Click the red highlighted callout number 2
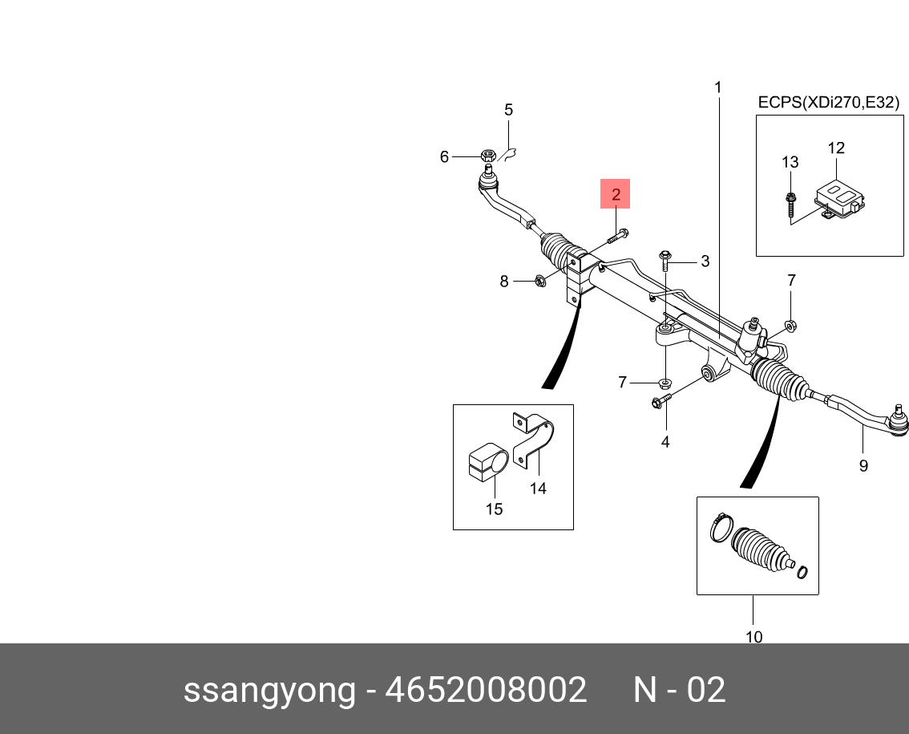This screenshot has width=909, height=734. [x=616, y=193]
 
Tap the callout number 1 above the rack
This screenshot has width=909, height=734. [x=718, y=87]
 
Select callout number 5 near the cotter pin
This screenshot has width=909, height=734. [x=508, y=110]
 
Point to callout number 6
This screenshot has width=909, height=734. [x=444, y=157]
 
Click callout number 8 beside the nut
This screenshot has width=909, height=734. [x=504, y=281]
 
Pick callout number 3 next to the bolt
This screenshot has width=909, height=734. [x=705, y=261]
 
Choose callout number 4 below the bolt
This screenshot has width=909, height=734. [x=665, y=441]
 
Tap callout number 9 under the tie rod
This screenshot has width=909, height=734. [x=863, y=465]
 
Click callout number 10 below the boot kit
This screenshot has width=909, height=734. [x=753, y=637]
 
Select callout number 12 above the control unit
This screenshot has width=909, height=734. [x=836, y=148]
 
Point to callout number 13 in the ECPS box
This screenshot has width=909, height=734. [x=790, y=162]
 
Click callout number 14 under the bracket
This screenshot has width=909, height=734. [x=538, y=488]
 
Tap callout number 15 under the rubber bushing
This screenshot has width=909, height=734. [x=494, y=509]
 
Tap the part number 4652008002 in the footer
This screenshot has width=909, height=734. [x=487, y=690]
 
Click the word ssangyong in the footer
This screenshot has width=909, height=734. [x=269, y=690]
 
